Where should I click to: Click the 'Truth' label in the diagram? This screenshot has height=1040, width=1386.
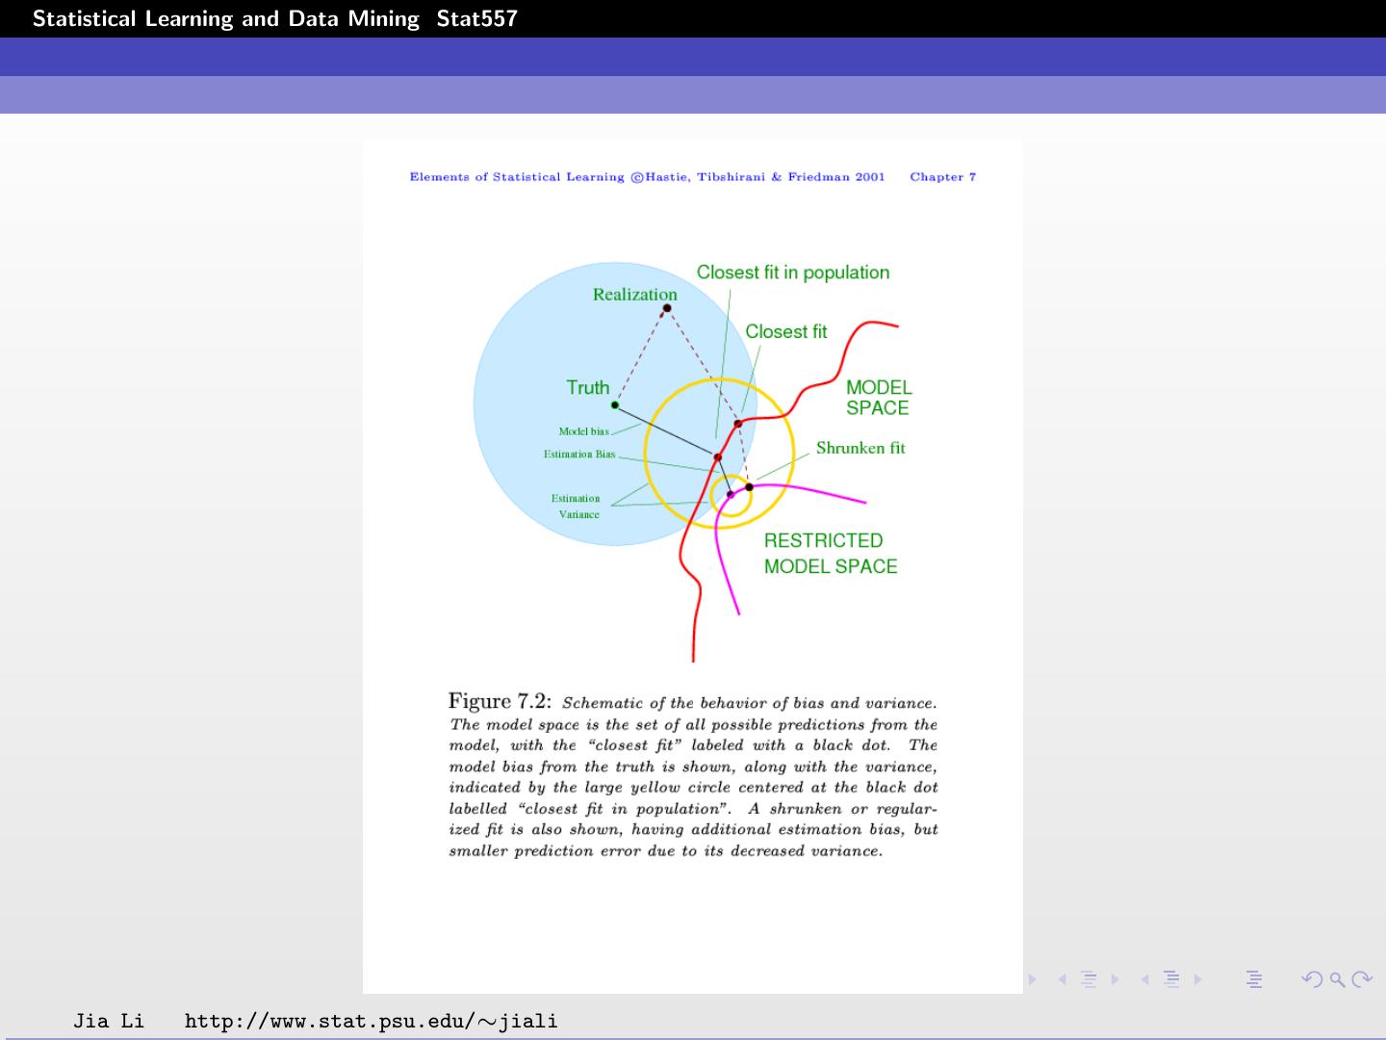click(587, 387)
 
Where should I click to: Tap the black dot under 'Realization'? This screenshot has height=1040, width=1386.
click(667, 308)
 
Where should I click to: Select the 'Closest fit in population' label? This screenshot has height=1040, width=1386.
click(793, 273)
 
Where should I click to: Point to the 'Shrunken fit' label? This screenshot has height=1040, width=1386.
click(860, 448)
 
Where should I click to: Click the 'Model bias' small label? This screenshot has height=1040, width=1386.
click(583, 431)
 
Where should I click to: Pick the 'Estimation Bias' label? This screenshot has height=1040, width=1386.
click(579, 455)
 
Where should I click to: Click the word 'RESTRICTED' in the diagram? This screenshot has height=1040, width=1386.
click(823, 541)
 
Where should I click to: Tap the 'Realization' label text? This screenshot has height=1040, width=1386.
click(634, 295)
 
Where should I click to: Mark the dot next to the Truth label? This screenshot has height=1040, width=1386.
click(615, 404)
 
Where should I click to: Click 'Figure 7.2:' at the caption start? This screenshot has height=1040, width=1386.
click(500, 701)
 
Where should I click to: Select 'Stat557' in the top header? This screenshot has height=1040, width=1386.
click(476, 18)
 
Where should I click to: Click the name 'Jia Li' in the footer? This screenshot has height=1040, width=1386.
click(109, 1021)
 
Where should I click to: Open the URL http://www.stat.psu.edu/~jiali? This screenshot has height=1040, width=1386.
click(371, 1021)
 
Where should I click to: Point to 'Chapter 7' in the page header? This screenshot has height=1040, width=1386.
click(942, 177)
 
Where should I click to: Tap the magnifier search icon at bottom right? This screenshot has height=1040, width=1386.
click(1336, 980)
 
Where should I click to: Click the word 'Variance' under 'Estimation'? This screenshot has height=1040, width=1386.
click(579, 515)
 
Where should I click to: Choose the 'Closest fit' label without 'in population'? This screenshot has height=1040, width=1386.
click(785, 332)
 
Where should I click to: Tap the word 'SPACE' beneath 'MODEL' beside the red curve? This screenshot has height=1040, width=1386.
click(877, 408)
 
